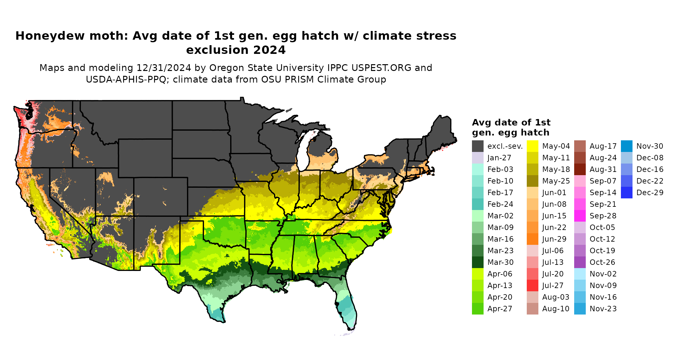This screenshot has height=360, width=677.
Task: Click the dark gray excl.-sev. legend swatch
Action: [477, 146]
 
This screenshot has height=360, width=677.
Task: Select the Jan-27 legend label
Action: [499, 158]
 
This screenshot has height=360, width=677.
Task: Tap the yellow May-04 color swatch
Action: [532, 146]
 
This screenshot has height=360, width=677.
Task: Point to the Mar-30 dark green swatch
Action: [477, 262]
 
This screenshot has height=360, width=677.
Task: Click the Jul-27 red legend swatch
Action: [532, 285]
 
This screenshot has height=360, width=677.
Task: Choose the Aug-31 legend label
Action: [603, 169]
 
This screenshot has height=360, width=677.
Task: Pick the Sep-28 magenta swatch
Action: [580, 216]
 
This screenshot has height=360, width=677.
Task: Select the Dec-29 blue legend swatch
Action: [626, 193]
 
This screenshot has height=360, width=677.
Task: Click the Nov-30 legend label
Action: [650, 146]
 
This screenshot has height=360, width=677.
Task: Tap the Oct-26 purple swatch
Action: [580, 262]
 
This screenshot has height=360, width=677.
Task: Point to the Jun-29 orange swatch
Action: [532, 239]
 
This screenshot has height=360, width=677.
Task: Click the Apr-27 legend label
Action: [500, 309]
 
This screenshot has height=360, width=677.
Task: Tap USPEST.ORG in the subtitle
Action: [381, 68]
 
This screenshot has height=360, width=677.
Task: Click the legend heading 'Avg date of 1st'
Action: [511, 123]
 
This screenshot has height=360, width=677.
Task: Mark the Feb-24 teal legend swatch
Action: [477, 204]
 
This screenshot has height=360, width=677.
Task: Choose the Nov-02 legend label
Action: [603, 274]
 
